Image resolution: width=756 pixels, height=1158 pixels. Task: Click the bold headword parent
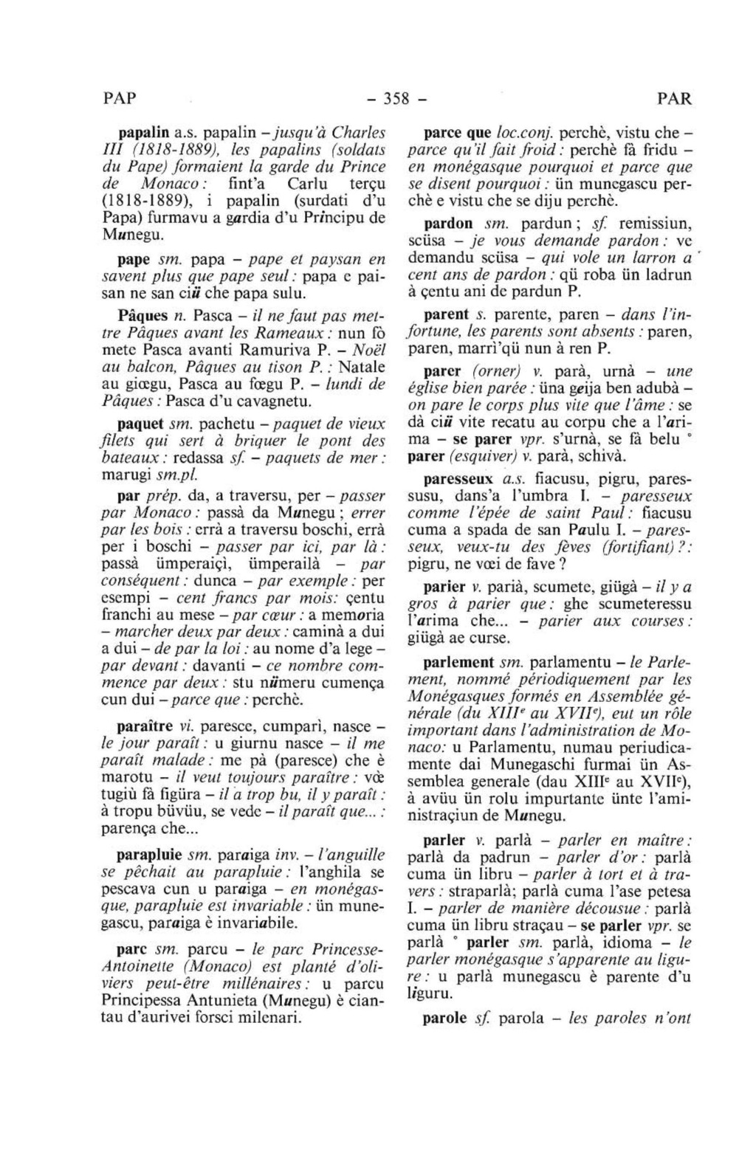click(x=447, y=314)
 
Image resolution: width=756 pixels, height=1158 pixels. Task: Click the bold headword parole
click(x=445, y=1019)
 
